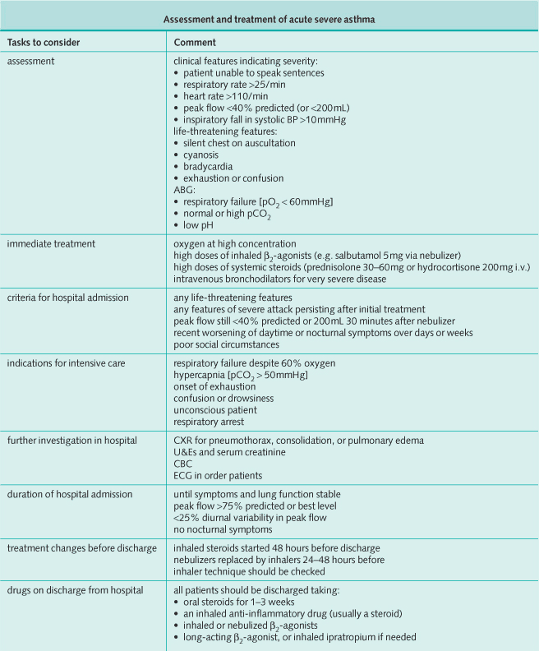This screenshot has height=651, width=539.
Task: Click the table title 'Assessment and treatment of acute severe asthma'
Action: tap(269, 19)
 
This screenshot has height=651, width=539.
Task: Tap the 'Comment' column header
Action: tap(193, 42)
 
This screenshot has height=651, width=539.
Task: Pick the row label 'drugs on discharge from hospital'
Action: tap(74, 592)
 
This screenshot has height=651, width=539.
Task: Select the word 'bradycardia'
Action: tap(207, 166)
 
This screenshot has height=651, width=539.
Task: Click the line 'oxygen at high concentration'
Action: tap(234, 243)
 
